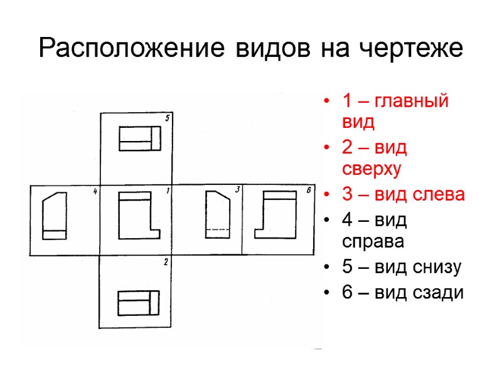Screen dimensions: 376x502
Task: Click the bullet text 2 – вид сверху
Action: [x=375, y=158]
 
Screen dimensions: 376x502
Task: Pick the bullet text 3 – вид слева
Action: [x=403, y=194]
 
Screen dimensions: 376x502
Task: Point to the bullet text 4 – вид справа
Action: [x=375, y=230]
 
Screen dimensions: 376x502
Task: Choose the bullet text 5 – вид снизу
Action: [x=402, y=267]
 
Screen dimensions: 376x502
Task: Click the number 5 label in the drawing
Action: [x=167, y=118]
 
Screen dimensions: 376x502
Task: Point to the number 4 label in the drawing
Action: [x=95, y=191]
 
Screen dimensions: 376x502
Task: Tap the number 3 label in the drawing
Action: [x=237, y=190]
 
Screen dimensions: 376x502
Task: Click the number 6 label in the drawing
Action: [x=309, y=190]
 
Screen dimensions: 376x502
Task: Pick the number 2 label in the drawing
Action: [x=166, y=262]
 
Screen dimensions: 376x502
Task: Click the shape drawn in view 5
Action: [x=140, y=138]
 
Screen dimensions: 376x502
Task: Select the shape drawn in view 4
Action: [x=54, y=216]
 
